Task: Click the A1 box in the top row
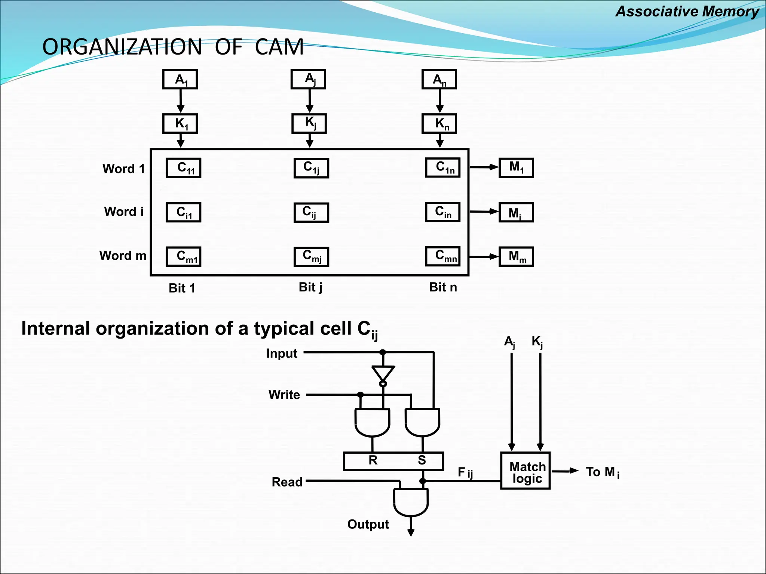click(x=180, y=79)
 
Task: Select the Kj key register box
click(x=309, y=123)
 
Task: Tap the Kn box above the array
click(x=439, y=123)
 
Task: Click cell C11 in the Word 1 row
click(x=184, y=168)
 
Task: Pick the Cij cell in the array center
click(x=311, y=212)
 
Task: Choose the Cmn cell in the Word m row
click(x=443, y=256)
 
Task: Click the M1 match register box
click(x=516, y=168)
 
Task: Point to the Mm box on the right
click(x=516, y=257)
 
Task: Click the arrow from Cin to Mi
click(x=484, y=212)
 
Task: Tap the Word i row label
click(x=123, y=212)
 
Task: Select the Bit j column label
click(x=310, y=287)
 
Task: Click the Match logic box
click(x=526, y=471)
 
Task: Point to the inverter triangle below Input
click(x=383, y=373)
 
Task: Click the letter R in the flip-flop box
click(x=373, y=460)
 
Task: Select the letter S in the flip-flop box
click(x=422, y=460)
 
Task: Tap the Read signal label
click(x=287, y=482)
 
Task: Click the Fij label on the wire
click(x=465, y=473)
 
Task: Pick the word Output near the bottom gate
click(x=368, y=524)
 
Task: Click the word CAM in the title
click(x=279, y=47)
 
